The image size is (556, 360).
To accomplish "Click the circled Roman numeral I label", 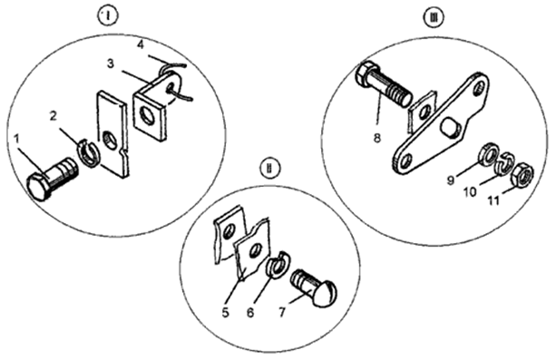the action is [x=108, y=15].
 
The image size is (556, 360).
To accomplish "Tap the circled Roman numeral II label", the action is [x=269, y=168].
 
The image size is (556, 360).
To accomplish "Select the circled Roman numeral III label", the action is [x=433, y=16].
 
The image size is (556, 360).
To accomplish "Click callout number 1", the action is [x=16, y=139].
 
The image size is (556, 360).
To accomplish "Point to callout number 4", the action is [x=141, y=45].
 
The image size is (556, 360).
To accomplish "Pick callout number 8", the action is [x=377, y=138].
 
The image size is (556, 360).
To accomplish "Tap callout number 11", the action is [x=493, y=200].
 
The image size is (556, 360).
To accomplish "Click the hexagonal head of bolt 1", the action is [x=37, y=187].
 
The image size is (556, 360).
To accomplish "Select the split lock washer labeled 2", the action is [x=89, y=153].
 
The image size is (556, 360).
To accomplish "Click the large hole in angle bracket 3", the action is [x=146, y=116].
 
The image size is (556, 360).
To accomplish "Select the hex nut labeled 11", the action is [x=522, y=174].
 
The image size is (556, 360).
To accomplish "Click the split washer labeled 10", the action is [x=504, y=164].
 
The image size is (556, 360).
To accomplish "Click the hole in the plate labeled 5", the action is [x=254, y=252].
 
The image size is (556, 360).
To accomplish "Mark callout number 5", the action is [x=225, y=313].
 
